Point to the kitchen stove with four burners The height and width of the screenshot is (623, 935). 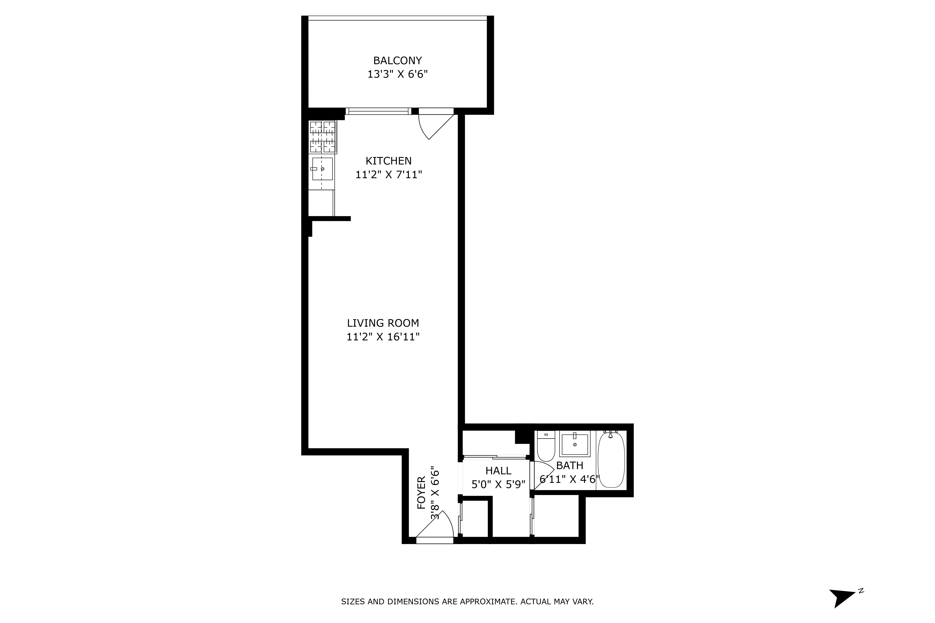pyautogui.click(x=323, y=137)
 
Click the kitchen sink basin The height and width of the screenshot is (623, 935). pyautogui.click(x=322, y=169)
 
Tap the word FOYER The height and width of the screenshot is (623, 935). pyautogui.click(x=421, y=493)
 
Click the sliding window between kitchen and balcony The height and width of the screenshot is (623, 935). pyautogui.click(x=378, y=111)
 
